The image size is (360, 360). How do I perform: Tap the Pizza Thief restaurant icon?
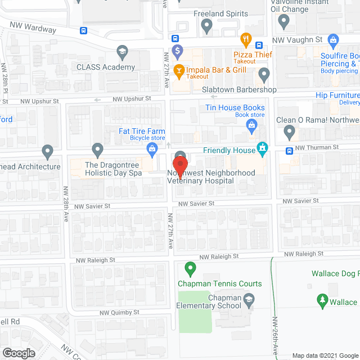pyautogui.click(x=246, y=40)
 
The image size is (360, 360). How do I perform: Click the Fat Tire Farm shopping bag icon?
pyautogui.click(x=151, y=148)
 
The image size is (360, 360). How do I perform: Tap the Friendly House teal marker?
pyautogui.click(x=262, y=148)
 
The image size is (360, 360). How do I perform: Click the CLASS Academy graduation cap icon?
pyautogui.click(x=121, y=53)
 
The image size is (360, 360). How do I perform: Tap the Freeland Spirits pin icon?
pyautogui.click(x=206, y=25)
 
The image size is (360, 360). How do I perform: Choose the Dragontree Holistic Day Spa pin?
pyautogui.click(x=98, y=150)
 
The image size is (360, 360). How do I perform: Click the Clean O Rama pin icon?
pyautogui.click(x=289, y=133)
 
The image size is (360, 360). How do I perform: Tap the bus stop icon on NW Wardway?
pyautogui.click(x=83, y=30)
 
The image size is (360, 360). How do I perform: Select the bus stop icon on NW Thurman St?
pyautogui.click(x=289, y=150)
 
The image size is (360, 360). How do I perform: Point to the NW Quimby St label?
pyautogui.click(x=119, y=312)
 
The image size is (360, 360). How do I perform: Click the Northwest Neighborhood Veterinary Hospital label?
pyautogui.click(x=211, y=177)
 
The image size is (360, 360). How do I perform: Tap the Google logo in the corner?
pyautogui.click(x=18, y=353)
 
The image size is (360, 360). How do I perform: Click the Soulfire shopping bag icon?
pyautogui.click(x=334, y=40)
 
